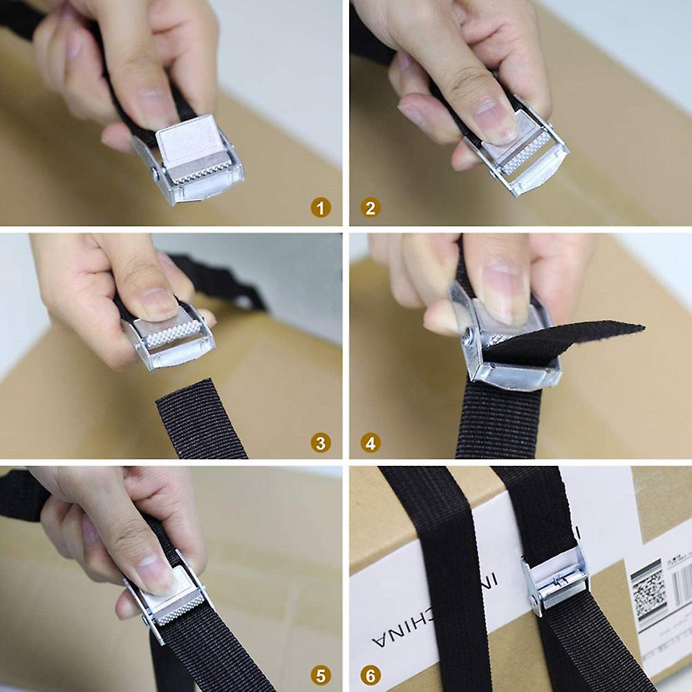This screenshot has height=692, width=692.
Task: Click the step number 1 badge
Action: [x=320, y=207]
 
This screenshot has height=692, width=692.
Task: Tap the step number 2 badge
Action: [x=371, y=207]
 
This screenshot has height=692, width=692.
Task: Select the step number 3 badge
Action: [x=320, y=442]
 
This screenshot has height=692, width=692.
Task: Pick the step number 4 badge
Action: [x=371, y=442]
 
